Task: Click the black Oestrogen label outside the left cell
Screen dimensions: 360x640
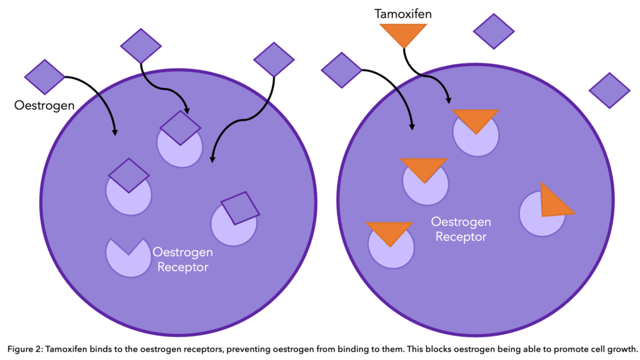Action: (x=44, y=106)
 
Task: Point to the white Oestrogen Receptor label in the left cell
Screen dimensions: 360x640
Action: (x=183, y=259)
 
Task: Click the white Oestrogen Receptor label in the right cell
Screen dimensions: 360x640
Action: (x=461, y=229)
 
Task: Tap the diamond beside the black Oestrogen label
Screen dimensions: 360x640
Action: (x=44, y=77)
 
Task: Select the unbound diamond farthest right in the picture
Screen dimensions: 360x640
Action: (x=609, y=91)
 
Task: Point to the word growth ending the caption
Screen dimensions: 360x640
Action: (x=620, y=348)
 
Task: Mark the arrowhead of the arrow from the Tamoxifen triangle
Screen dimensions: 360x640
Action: (x=447, y=100)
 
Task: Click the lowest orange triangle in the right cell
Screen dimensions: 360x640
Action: (x=389, y=232)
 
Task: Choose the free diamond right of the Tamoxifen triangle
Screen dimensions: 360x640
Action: (x=494, y=31)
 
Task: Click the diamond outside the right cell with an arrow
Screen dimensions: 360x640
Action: (x=341, y=70)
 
